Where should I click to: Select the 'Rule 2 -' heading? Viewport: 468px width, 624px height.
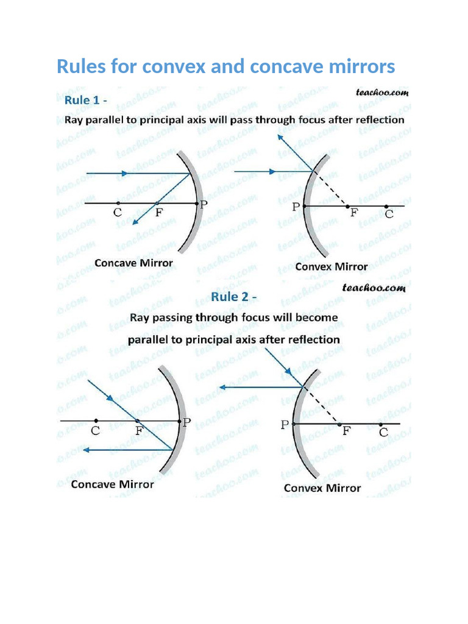[x=233, y=297]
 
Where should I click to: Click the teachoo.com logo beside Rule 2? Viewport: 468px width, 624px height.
[x=374, y=288]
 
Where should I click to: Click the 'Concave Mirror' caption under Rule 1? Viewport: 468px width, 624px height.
[x=133, y=264]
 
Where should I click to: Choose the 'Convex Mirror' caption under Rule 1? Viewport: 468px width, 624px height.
[x=331, y=266]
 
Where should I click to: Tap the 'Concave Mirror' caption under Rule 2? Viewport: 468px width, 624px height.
[x=112, y=485]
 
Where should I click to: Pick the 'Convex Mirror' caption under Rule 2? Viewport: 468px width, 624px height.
[x=322, y=488]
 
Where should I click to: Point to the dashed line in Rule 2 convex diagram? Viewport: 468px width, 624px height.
[x=322, y=405]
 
